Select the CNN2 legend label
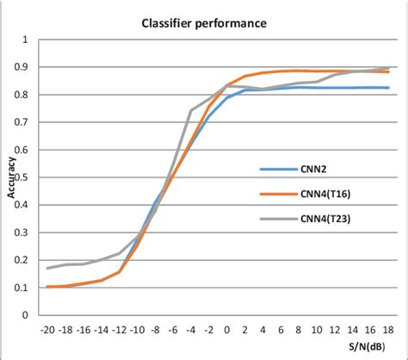coord(309,170)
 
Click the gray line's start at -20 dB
coord(47,268)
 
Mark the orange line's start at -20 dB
coord(47,287)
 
